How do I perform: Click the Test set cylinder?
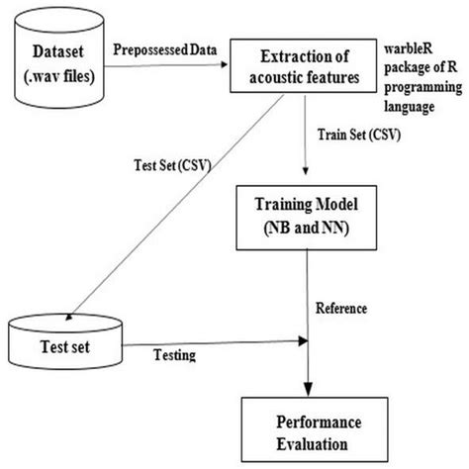[x=63, y=342]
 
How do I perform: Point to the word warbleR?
[x=411, y=47]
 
